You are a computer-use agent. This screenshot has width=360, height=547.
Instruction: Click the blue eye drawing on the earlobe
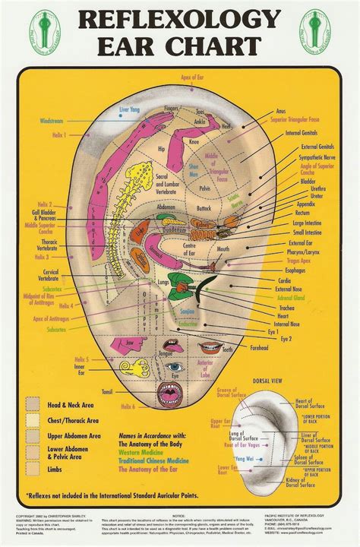coord(174,368)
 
